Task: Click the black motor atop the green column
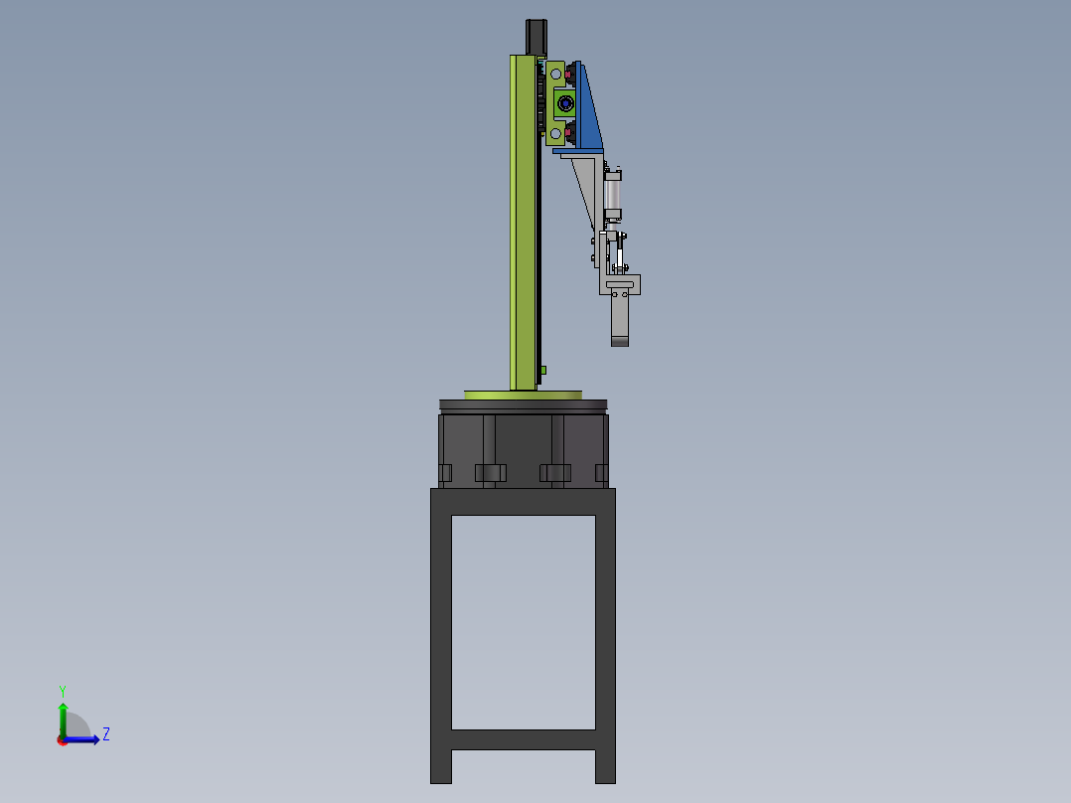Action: point(536,37)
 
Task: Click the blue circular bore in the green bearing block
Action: point(566,102)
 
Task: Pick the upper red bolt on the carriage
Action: point(567,73)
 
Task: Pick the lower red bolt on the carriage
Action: point(567,132)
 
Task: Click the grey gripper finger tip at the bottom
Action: point(620,341)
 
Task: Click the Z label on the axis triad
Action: point(105,734)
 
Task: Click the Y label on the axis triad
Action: point(62,690)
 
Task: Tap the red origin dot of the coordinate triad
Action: point(62,739)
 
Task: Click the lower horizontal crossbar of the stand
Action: point(523,739)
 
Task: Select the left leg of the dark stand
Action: point(440,636)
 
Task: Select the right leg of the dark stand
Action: point(605,636)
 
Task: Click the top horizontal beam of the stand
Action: point(523,501)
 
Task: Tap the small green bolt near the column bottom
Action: point(543,371)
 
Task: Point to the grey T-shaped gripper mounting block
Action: point(620,286)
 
